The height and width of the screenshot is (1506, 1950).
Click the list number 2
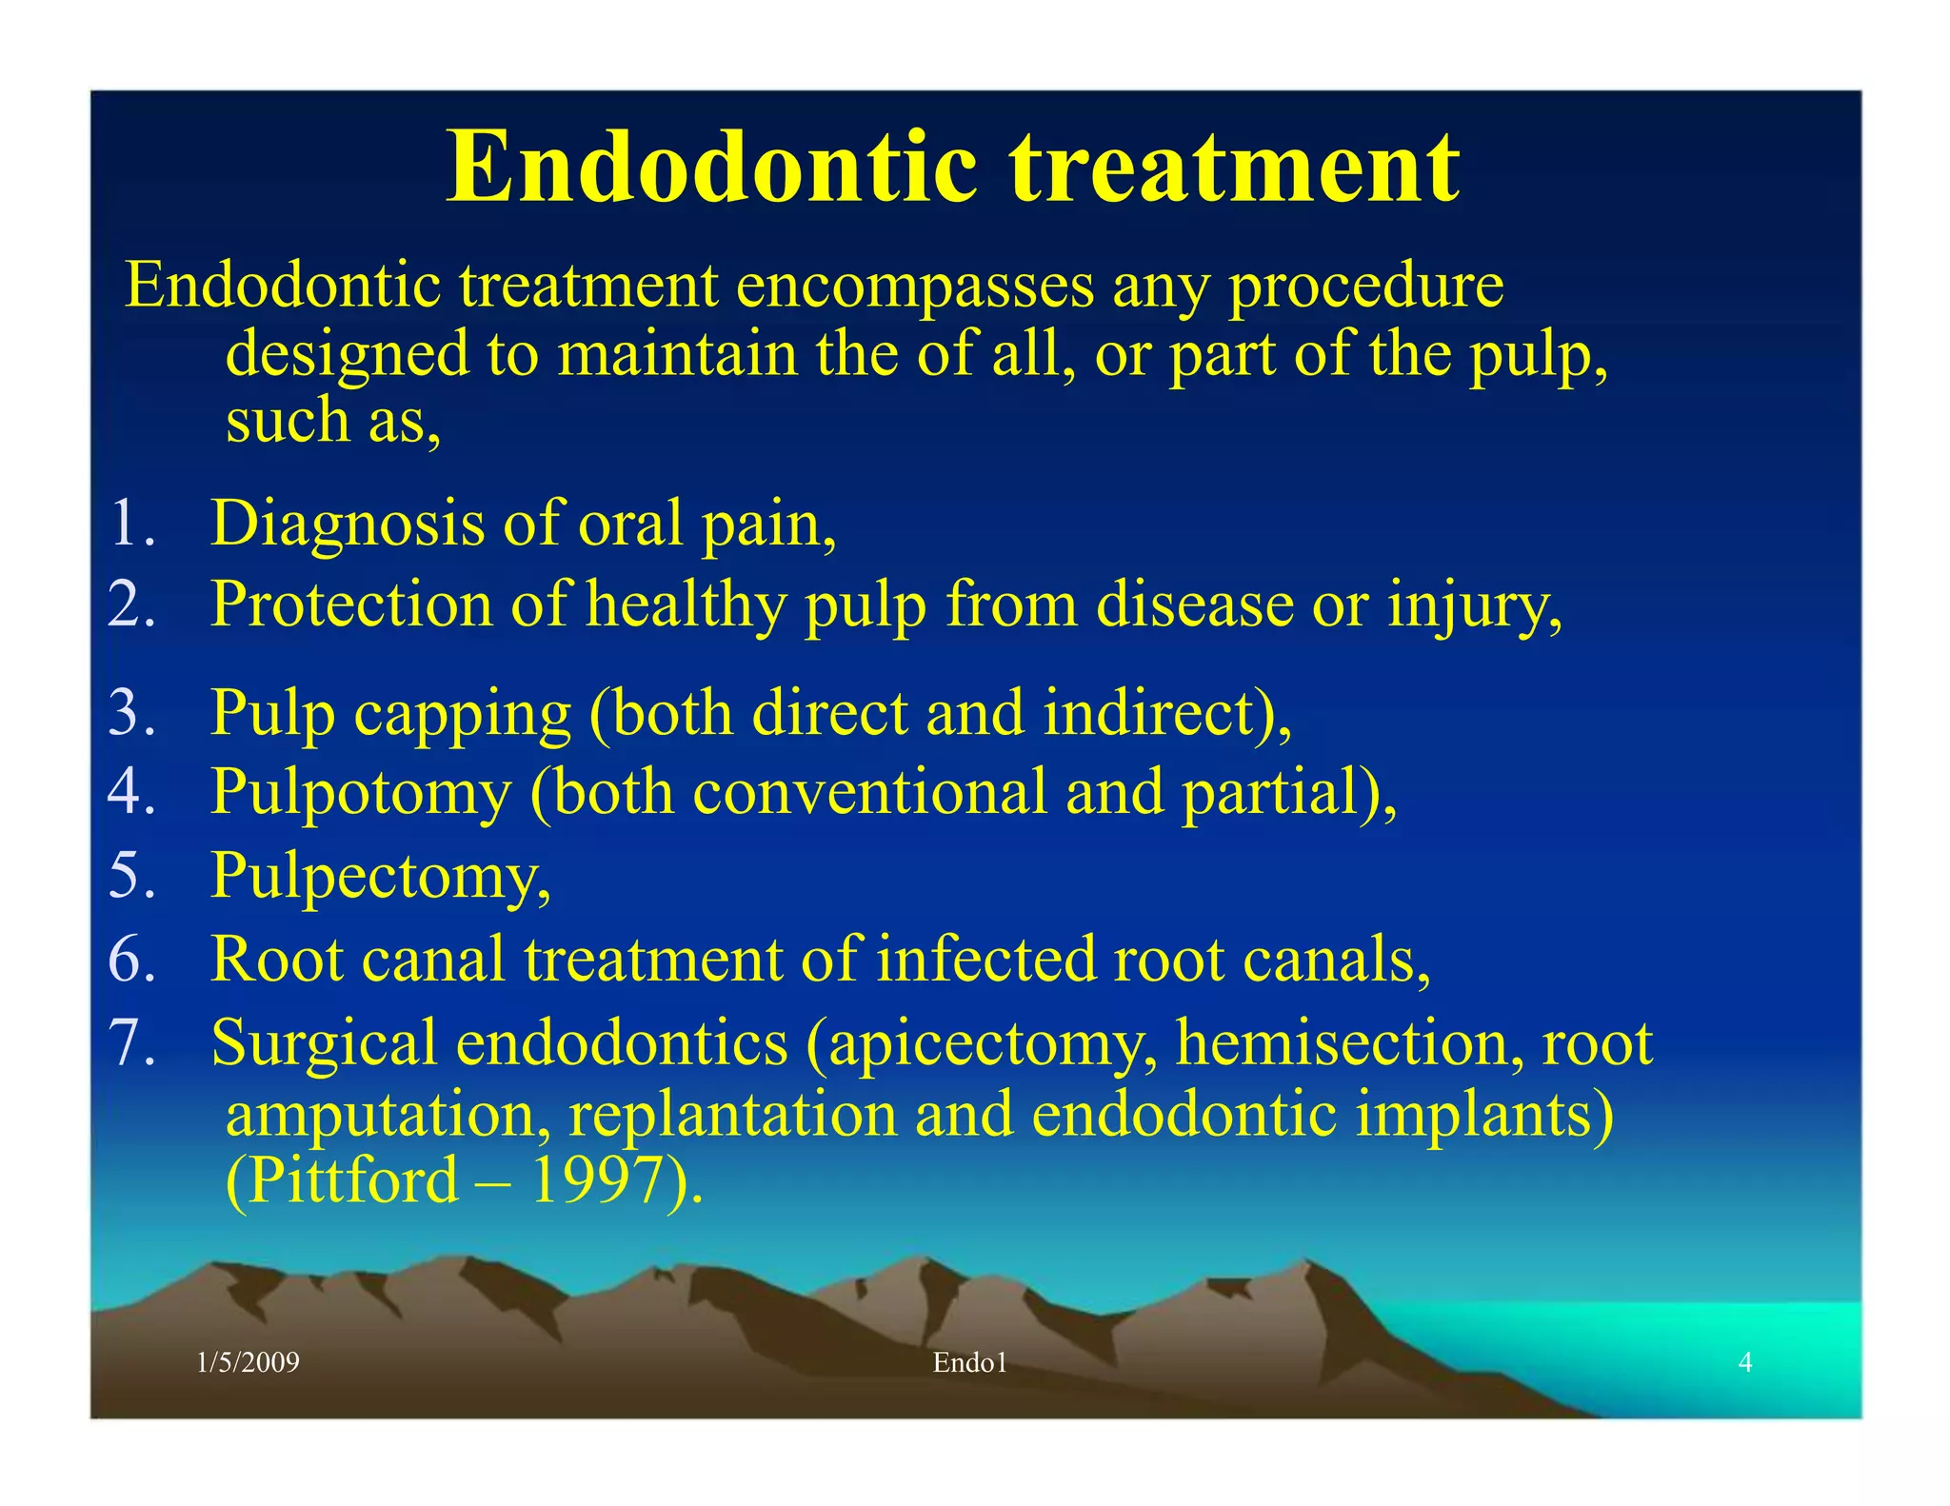[x=131, y=604]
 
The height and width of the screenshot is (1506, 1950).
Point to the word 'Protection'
[x=351, y=604]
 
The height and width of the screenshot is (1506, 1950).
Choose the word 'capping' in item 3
[x=463, y=714]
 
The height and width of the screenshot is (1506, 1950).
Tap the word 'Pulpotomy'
[x=361, y=793]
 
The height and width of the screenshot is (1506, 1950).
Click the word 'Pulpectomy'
[x=380, y=876]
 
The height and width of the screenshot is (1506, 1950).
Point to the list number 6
[x=131, y=959]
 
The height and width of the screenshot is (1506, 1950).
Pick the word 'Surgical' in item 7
[x=323, y=1043]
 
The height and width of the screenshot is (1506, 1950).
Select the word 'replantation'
[x=732, y=1114]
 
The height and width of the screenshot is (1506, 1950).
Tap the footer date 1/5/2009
[x=248, y=1362]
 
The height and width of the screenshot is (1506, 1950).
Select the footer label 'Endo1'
[x=969, y=1363]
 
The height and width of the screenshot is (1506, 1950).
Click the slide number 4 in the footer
[x=1745, y=1362]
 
